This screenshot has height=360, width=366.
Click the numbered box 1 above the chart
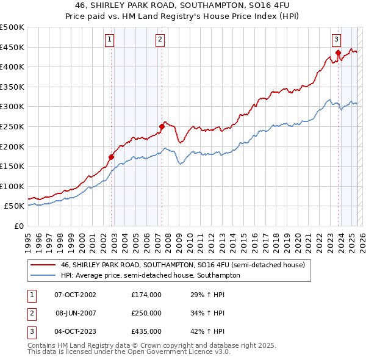pyautogui.click(x=109, y=40)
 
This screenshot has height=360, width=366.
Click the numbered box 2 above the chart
pyautogui.click(x=160, y=40)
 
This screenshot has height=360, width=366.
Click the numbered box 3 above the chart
pyautogui.click(x=336, y=40)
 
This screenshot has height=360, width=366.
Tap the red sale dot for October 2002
pyautogui.click(x=112, y=157)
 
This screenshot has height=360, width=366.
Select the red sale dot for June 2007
pyautogui.click(x=162, y=127)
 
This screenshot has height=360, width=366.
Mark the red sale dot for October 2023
pyautogui.click(x=337, y=53)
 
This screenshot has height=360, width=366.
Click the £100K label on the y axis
pyautogui.click(x=13, y=186)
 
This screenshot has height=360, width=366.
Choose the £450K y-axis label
pyautogui.click(x=13, y=47)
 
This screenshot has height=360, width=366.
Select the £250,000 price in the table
pyautogui.click(x=146, y=313)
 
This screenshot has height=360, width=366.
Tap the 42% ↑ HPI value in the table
pyautogui.click(x=208, y=331)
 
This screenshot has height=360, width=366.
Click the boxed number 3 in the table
pyautogui.click(x=32, y=331)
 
